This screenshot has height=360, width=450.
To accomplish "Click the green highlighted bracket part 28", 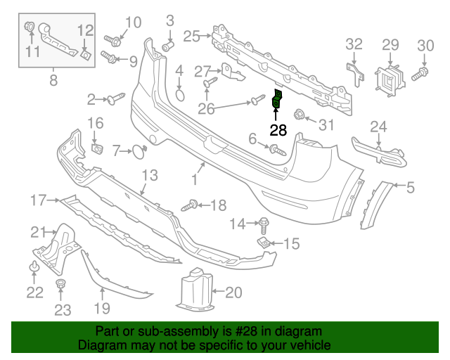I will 277,101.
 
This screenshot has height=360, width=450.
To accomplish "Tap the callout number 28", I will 278,130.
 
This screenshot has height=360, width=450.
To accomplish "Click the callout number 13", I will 150,174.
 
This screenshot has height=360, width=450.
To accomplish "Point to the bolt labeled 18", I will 191,205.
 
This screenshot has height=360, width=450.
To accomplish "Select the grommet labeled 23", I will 61,283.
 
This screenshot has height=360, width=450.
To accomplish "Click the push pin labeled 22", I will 33,267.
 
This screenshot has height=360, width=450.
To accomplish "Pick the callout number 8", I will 53,81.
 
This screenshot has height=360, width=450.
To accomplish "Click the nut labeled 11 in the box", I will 31,28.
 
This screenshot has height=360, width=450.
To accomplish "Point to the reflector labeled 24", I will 380,150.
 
